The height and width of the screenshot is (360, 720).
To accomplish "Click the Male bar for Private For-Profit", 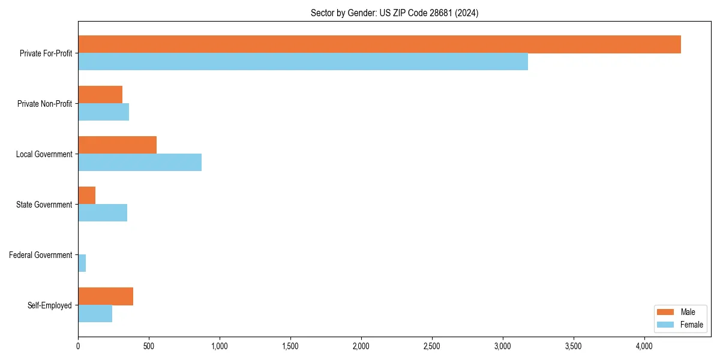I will coord(379,44).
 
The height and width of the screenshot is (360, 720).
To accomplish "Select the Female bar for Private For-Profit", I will coord(303,62).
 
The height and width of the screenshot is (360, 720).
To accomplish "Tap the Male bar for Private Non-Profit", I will coord(100,95).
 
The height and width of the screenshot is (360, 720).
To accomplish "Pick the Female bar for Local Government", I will coord(140,163).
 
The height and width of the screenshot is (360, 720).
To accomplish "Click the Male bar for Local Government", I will coord(117,145).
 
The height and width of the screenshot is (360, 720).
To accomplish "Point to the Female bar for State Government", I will coord(103,213).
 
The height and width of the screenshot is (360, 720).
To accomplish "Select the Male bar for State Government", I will coord(87,196).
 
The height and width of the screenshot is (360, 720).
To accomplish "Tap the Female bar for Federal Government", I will coord(82,263).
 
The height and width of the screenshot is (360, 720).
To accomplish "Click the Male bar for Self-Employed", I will coord(106,296).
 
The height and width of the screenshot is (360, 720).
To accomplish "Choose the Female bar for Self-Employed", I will coord(95,314).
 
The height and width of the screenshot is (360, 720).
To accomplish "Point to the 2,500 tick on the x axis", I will coord(432,346).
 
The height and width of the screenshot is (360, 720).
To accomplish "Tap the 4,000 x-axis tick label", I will coord(644,346).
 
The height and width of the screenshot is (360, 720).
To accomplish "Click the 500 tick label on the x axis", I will coord(149,346).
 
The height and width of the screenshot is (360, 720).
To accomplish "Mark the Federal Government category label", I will coord(41,255).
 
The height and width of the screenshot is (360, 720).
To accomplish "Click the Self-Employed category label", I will coord(50,305).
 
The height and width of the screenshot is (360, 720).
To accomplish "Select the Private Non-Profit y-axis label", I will coord(45,104).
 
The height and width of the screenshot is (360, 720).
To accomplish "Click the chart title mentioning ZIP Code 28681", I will coord(394,13).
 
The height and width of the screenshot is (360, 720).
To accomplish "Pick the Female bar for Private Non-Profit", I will coord(104,112).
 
